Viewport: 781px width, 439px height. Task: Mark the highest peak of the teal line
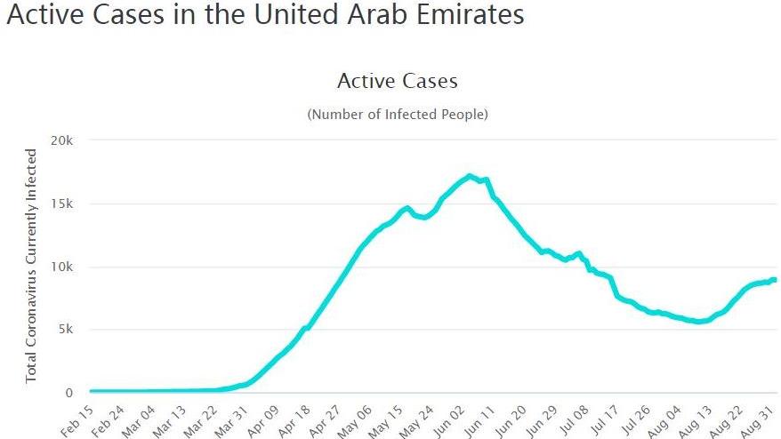point(470,176)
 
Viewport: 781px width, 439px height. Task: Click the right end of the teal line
point(774,280)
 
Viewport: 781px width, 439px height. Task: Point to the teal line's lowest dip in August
point(699,322)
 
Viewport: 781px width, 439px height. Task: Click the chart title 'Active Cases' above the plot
point(397,82)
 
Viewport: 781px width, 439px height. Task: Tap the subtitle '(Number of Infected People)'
point(397,115)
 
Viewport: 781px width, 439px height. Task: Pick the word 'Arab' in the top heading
point(371,15)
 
